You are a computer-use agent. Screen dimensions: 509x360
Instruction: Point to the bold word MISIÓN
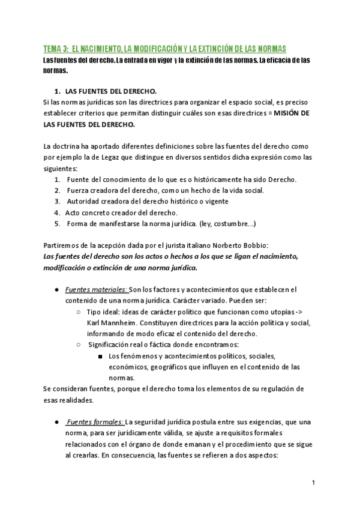click(284, 113)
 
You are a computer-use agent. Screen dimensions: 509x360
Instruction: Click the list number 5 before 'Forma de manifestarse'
click(57, 223)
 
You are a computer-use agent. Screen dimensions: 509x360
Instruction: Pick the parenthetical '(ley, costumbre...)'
click(227, 223)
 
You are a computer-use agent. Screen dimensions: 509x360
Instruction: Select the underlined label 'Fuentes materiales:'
click(96, 289)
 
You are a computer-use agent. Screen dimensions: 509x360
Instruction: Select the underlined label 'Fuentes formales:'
click(95, 422)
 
